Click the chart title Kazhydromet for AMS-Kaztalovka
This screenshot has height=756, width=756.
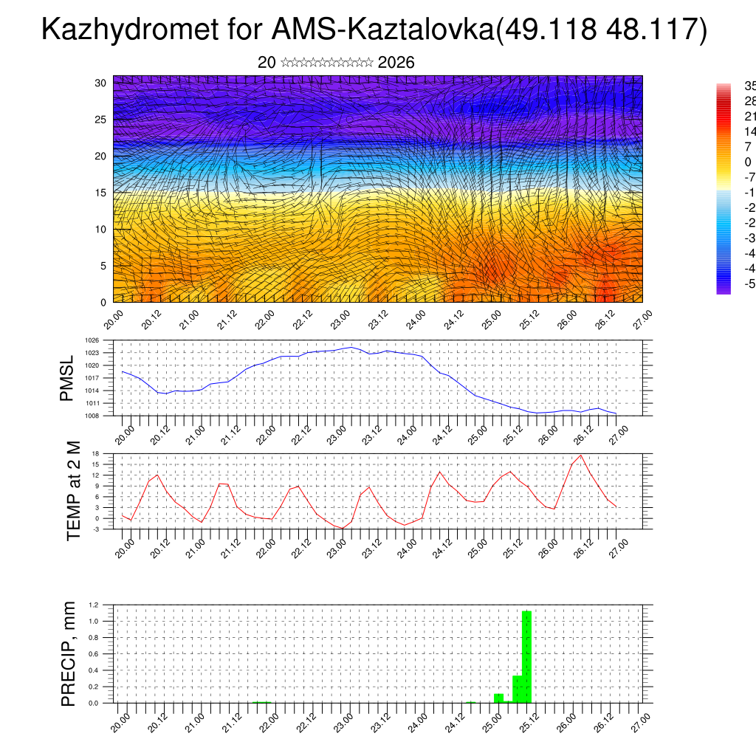tap(374, 30)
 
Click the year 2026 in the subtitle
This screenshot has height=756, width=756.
tap(396, 63)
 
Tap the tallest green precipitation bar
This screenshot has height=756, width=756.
tap(526, 656)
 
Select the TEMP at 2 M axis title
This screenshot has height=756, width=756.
tap(73, 491)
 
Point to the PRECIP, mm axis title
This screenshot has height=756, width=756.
tap(69, 654)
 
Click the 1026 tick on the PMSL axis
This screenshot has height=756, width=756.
tap(93, 340)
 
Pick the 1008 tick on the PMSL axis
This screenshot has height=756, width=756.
tap(93, 416)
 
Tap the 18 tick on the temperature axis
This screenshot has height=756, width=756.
tap(97, 453)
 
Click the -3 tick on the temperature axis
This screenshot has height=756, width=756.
tap(96, 529)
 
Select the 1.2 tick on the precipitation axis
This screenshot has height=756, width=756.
tap(94, 605)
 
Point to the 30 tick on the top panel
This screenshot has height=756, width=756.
tap(101, 83)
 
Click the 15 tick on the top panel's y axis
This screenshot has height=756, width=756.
tap(101, 193)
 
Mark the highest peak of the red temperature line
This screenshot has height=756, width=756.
tap(581, 455)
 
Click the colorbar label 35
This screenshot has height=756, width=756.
tap(748, 86)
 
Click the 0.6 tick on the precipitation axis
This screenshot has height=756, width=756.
tap(94, 654)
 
